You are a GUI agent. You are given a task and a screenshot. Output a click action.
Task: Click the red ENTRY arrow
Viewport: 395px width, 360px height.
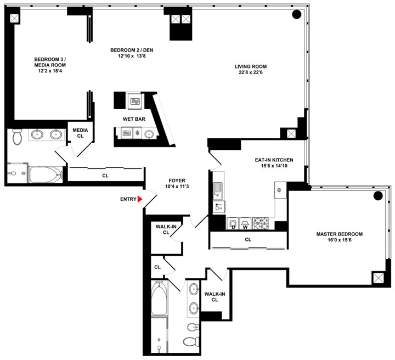tap(139, 199)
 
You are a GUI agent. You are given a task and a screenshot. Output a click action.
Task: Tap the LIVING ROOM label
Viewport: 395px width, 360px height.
tap(251, 66)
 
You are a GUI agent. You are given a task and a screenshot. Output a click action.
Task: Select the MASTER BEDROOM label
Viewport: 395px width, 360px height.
tap(340, 234)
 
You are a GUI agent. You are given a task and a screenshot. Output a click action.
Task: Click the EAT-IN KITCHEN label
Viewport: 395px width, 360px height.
tap(274, 160)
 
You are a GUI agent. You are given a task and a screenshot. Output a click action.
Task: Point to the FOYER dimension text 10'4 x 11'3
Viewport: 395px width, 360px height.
tap(177, 187)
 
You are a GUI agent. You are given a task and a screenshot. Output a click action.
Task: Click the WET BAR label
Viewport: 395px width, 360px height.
tap(134, 119)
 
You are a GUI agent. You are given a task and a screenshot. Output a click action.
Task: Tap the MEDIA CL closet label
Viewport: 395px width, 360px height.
tap(80, 133)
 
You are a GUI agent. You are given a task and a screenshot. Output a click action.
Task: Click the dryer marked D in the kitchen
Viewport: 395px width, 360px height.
tap(233, 223)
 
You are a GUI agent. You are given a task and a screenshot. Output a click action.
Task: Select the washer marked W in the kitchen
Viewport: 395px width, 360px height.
tap(245, 223)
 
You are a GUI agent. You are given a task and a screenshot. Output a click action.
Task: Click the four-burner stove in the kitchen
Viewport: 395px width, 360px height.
tap(260, 223)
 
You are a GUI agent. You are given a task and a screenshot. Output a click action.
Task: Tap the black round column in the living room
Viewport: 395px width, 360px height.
tap(296, 14)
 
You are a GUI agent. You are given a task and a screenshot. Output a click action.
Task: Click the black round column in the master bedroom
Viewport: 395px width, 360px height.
tap(378, 195)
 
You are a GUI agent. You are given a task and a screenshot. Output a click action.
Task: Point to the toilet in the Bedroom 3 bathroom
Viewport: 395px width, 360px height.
tap(17, 137)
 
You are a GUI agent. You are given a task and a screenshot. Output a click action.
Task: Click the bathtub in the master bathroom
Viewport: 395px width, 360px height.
tap(159, 298)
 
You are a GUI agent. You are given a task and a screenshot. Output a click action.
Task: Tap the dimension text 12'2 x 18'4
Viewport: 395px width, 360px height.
tap(50, 71)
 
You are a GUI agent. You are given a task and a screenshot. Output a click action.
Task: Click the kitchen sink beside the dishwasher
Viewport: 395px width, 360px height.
tap(218, 189)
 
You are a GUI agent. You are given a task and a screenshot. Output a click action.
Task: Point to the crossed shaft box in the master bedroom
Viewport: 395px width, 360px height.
tap(378, 278)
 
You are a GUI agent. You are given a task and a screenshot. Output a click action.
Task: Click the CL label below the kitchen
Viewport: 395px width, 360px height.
tap(248, 239)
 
